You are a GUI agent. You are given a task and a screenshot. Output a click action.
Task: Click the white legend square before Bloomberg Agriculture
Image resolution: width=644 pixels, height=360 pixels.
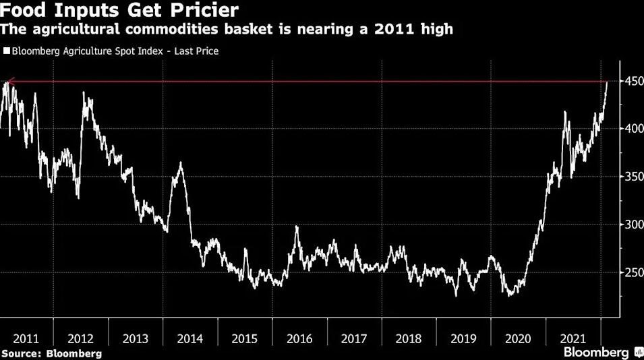[6, 51]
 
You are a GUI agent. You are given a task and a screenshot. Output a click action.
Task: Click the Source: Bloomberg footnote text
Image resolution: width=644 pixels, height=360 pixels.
[52, 353]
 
